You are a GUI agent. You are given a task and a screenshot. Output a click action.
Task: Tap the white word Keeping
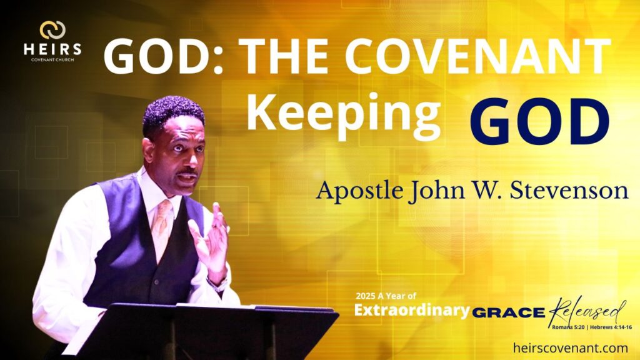click(343, 116)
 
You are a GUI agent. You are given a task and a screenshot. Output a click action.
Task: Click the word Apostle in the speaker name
click(354, 191)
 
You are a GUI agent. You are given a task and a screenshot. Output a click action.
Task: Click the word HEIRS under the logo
click(52, 49)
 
